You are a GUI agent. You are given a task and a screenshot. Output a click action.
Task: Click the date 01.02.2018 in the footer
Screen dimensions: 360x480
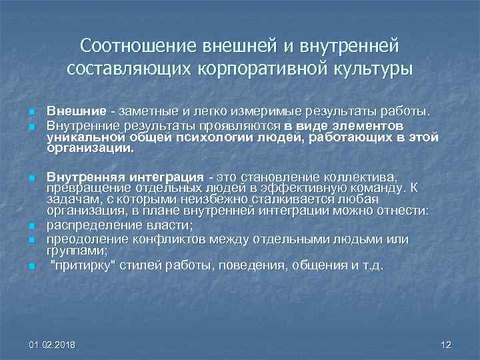(x=53, y=345)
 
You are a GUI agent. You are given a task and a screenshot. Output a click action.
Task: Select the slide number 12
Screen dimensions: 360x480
(x=446, y=345)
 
